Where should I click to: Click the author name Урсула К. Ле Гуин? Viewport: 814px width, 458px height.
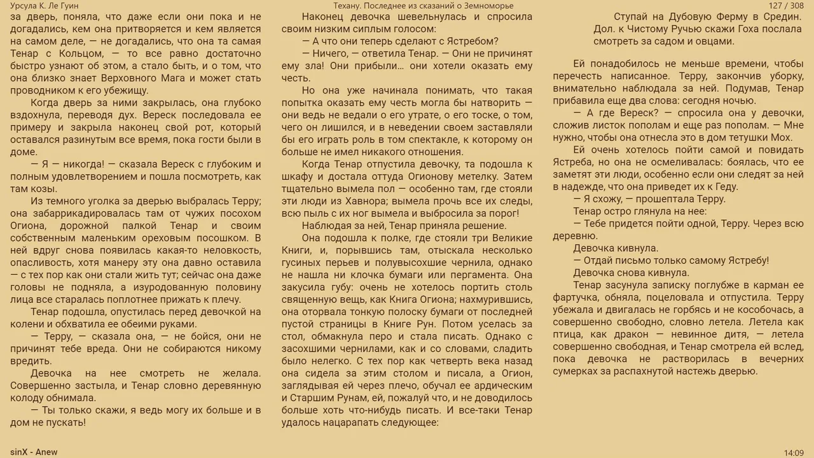pyautogui.click(x=45, y=6)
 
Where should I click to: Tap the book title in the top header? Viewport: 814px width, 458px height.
pyautogui.click(x=423, y=6)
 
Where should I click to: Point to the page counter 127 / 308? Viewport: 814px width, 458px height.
pyautogui.click(x=786, y=6)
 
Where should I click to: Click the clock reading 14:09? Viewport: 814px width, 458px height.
pyautogui.click(x=794, y=452)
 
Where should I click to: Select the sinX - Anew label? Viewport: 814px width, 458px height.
pyautogui.click(x=34, y=452)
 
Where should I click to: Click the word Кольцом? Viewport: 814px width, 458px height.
pyautogui.click(x=81, y=53)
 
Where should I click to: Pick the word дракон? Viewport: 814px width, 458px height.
pyautogui.click(x=629, y=334)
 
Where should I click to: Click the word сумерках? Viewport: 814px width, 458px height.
pyautogui.click(x=576, y=371)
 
